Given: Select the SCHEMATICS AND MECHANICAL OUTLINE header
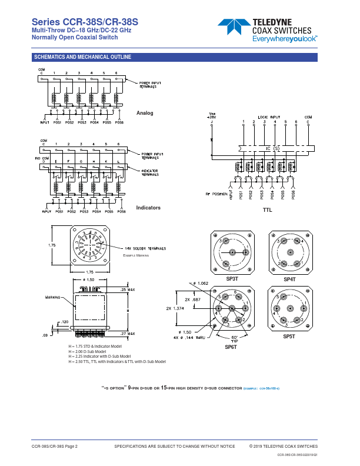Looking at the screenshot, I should pyautogui.click(x=82, y=57).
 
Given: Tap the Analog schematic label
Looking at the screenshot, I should pyautogui.click(x=145, y=112).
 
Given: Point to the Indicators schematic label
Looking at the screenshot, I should pyautogui.click(x=148, y=208).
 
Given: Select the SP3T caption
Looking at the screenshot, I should pyautogui.click(x=232, y=278).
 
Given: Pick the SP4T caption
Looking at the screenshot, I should pyautogui.click(x=290, y=279).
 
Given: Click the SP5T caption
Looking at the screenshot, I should pyautogui.click(x=289, y=336).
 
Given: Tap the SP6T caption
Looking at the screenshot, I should pyautogui.click(x=231, y=347).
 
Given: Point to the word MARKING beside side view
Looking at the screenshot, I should pyautogui.click(x=54, y=298).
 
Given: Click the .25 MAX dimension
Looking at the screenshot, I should pyautogui.click(x=127, y=290).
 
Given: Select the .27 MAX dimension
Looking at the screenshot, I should pyautogui.click(x=127, y=333).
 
